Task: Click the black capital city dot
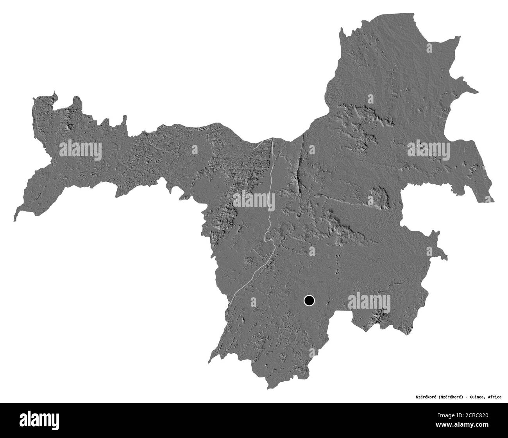point(309,300)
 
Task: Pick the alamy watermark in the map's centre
point(254,201)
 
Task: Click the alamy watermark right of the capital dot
point(369,301)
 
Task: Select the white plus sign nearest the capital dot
point(311,250)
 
